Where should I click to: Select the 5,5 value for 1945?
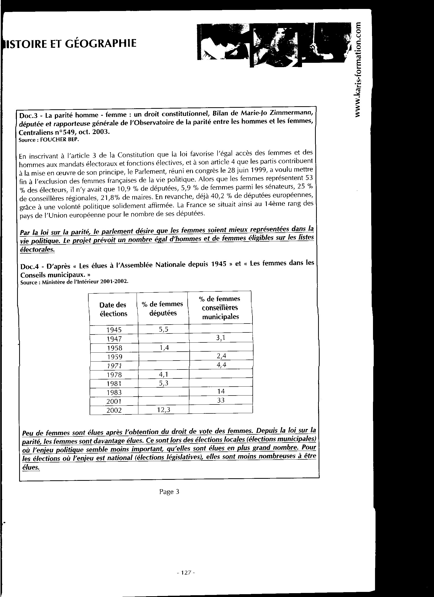(163, 329)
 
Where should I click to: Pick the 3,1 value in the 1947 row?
(221, 338)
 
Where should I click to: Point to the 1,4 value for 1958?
(164, 348)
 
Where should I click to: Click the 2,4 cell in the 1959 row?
(221, 356)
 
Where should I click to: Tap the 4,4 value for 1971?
(221, 365)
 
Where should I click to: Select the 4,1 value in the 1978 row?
(164, 374)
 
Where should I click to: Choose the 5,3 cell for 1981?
(164, 383)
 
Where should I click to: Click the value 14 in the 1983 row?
(221, 391)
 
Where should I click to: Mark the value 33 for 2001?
(221, 400)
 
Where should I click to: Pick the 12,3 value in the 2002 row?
(164, 410)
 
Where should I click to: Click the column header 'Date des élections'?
(113, 309)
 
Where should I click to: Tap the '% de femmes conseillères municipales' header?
(220, 307)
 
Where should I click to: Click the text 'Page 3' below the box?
(169, 492)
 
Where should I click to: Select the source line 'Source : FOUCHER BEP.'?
(49, 140)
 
